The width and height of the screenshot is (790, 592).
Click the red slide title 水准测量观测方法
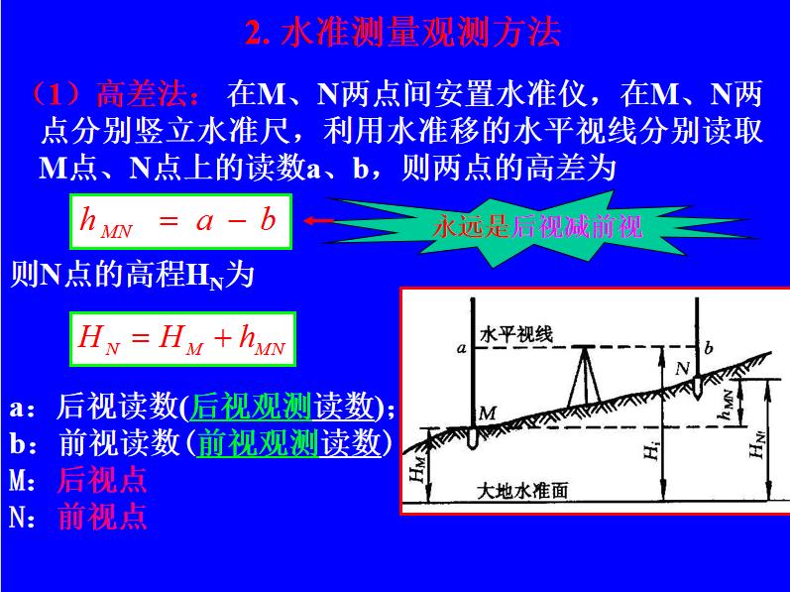pyautogui.click(x=402, y=34)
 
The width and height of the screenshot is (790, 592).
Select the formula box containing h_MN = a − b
pyautogui.click(x=179, y=220)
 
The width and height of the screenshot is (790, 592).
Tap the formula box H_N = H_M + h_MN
pyautogui.click(x=181, y=340)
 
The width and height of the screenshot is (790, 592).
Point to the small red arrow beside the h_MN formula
pyautogui.click(x=317, y=221)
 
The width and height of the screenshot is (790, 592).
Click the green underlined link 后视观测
pyautogui.click(x=252, y=405)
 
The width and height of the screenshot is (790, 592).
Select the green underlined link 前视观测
pyautogui.click(x=257, y=441)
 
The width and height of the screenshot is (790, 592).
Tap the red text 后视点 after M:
pyautogui.click(x=102, y=479)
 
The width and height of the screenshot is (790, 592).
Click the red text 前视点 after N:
pyautogui.click(x=102, y=516)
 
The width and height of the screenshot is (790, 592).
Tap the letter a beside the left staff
pyautogui.click(x=461, y=348)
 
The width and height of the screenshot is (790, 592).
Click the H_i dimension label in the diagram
pyautogui.click(x=650, y=452)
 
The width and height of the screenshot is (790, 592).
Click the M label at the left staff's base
pyautogui.click(x=487, y=412)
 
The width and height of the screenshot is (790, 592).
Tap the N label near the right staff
pyautogui.click(x=683, y=368)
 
